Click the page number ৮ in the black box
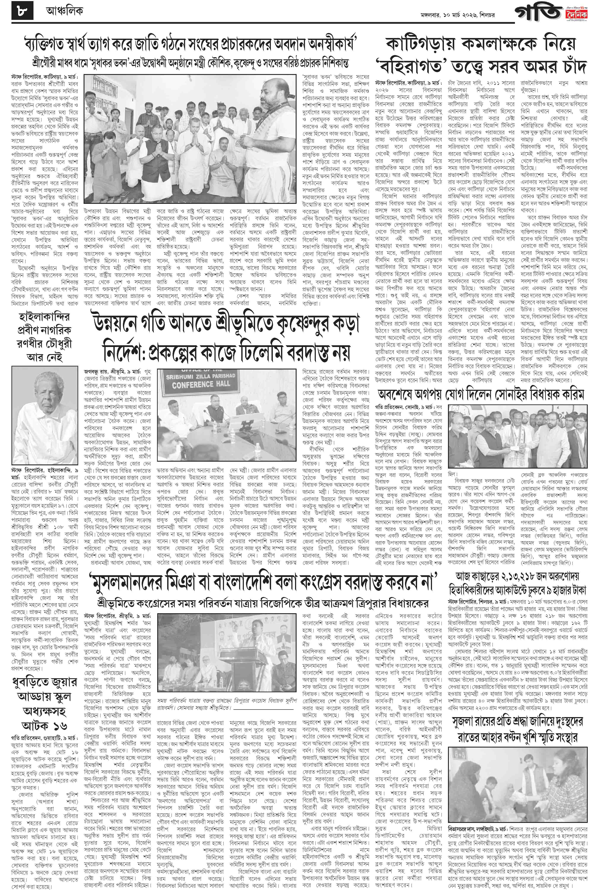coord(22,12)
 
